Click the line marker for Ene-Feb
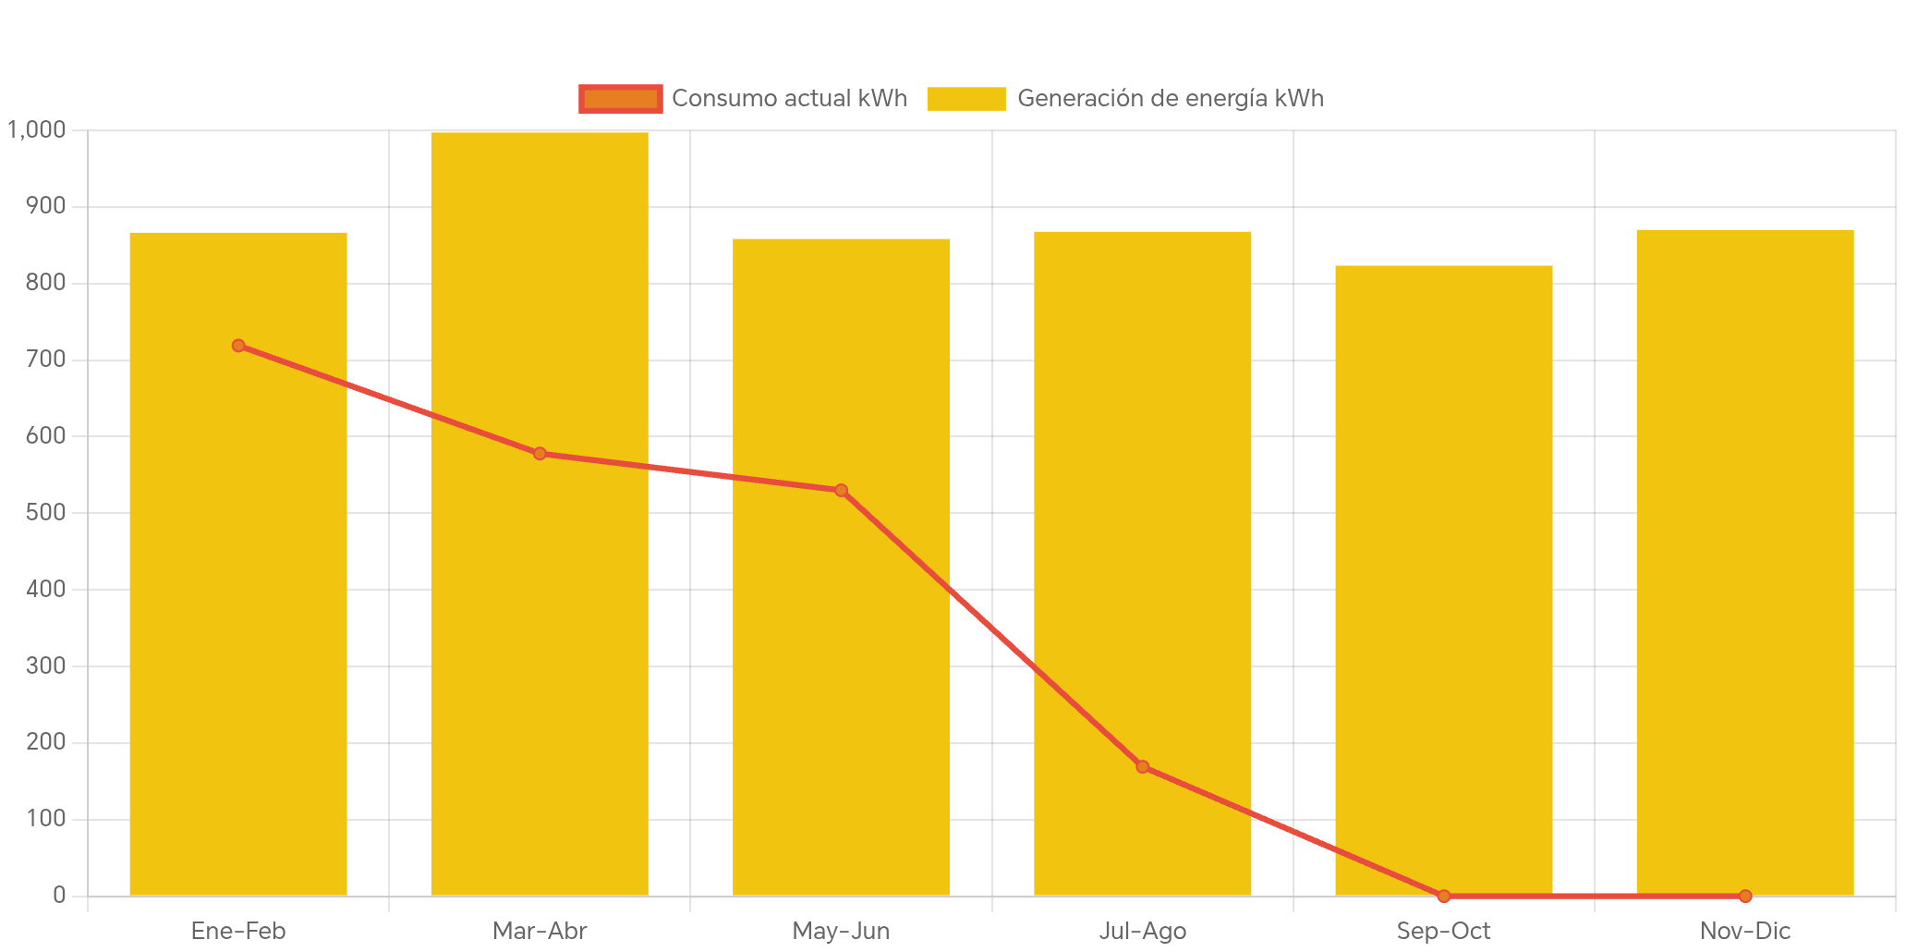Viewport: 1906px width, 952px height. click(x=238, y=346)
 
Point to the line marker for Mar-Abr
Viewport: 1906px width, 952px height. click(x=540, y=454)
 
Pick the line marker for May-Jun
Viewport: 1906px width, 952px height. click(x=841, y=491)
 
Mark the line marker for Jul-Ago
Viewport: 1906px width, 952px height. click(x=1142, y=766)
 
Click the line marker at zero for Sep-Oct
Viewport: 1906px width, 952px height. click(x=1443, y=896)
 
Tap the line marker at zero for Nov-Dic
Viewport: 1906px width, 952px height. click(x=1744, y=896)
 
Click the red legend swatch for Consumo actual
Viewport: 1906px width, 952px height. click(x=620, y=99)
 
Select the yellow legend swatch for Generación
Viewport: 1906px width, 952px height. click(x=965, y=99)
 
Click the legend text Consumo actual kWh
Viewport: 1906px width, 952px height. click(x=789, y=99)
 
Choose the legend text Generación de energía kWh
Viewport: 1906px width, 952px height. click(x=1170, y=99)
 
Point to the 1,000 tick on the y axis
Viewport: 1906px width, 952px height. click(x=37, y=130)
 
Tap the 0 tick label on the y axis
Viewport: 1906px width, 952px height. click(x=59, y=896)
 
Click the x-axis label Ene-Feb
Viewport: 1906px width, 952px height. click(x=238, y=931)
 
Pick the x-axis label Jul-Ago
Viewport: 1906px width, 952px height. click(x=1142, y=931)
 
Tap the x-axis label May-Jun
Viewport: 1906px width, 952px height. click(x=841, y=931)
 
